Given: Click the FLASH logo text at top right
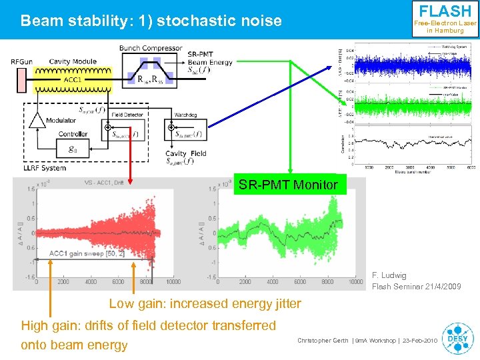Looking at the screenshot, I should point(445,11).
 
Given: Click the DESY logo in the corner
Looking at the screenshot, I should point(457,337).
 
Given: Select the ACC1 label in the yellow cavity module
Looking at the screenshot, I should point(73,80).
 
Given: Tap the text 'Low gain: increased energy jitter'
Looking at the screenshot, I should point(205,304).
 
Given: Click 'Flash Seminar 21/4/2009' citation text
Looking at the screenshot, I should point(416,287).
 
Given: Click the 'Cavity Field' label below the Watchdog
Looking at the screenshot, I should point(186,153).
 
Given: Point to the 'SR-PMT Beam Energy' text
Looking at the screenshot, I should point(210,58).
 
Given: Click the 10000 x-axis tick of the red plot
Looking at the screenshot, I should point(172,282).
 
